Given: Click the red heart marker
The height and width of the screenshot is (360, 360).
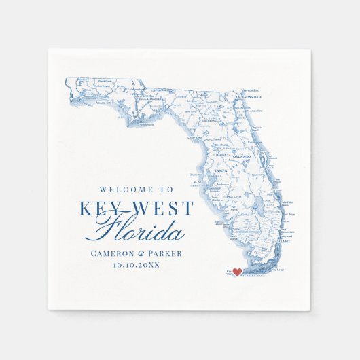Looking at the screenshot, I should click(237, 272).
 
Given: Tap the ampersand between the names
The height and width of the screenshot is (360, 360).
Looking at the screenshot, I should click(142, 253).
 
